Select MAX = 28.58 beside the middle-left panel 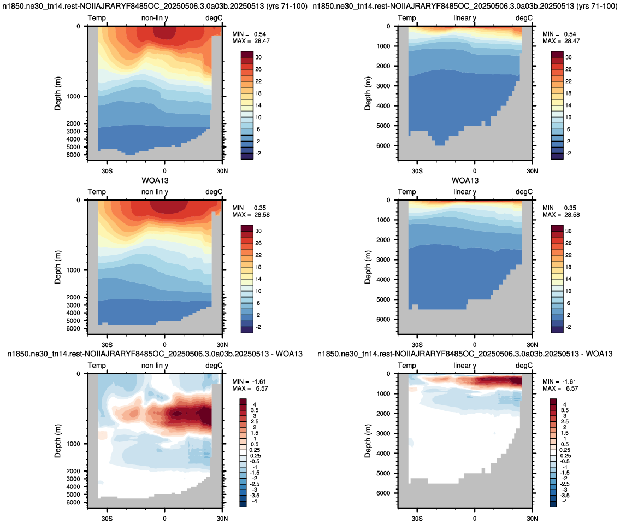coord(251,215)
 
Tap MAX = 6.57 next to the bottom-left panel coord(249,388)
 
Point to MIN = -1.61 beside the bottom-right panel coord(559,381)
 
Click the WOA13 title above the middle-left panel coord(155,180)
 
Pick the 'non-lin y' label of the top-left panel coord(155,18)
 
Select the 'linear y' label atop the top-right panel coord(465,18)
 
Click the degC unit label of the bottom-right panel coord(524,366)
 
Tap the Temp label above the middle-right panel coord(407,192)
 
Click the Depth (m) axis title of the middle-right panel coord(368,267)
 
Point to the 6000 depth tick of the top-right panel coord(383,145)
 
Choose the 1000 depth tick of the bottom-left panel coord(73,444)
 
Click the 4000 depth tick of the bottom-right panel coord(383,453)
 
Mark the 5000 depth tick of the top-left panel coord(73,147)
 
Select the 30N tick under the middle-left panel coord(222,345)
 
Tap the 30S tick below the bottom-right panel coord(417,519)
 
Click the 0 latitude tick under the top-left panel coord(164,171)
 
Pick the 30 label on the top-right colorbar coord(569,57)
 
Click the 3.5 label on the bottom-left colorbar coord(255,410)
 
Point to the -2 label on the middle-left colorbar coord(258,327)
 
